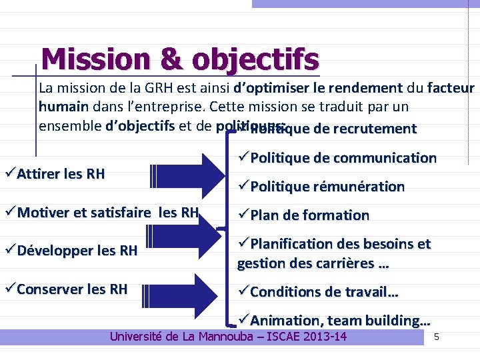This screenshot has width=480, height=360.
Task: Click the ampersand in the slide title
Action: tap(171, 59)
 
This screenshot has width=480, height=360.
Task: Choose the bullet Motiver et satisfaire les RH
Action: tap(107, 213)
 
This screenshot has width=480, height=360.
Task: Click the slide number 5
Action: tap(436, 337)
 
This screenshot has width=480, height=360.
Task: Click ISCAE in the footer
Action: tap(284, 336)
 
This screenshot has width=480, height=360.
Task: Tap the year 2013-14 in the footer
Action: tap(326, 336)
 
